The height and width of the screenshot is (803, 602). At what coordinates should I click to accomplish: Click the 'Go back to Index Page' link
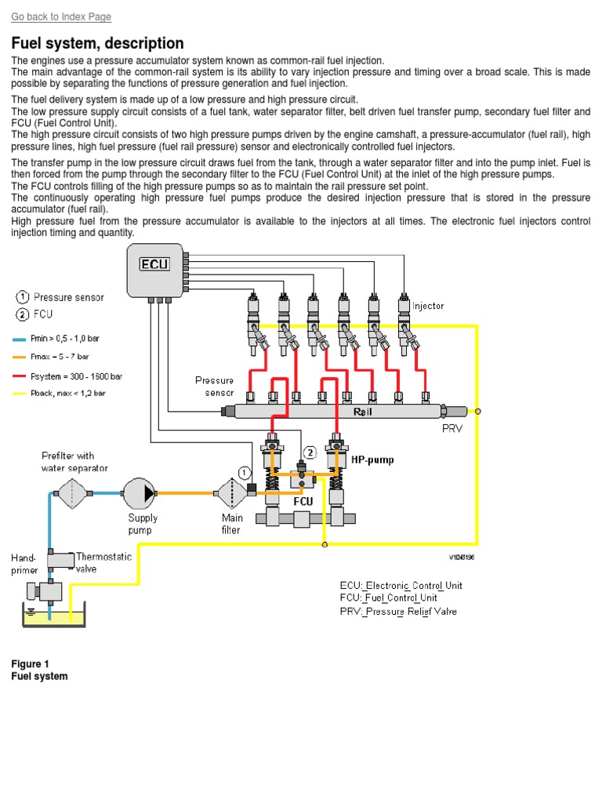61,16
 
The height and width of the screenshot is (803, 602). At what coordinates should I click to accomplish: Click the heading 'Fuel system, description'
98,43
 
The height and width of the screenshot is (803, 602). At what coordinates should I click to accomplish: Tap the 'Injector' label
428,306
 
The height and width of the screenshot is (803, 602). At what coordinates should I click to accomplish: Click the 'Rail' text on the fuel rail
363,411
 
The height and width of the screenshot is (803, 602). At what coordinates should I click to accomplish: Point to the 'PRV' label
453,429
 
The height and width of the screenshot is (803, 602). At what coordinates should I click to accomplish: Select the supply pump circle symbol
140,492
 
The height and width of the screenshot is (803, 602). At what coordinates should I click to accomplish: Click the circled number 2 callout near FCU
310,452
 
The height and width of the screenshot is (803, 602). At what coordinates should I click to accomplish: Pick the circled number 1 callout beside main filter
245,472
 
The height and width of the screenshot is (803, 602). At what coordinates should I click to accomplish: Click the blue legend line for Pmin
20,340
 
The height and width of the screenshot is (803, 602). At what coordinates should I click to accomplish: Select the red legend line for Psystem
20,376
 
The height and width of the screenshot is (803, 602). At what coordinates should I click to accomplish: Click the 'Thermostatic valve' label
103,562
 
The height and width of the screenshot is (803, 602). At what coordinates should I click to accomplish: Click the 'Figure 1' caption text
30,664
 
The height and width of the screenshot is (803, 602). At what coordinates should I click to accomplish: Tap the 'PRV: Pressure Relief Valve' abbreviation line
398,611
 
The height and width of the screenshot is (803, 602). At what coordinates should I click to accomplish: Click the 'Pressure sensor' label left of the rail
214,386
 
